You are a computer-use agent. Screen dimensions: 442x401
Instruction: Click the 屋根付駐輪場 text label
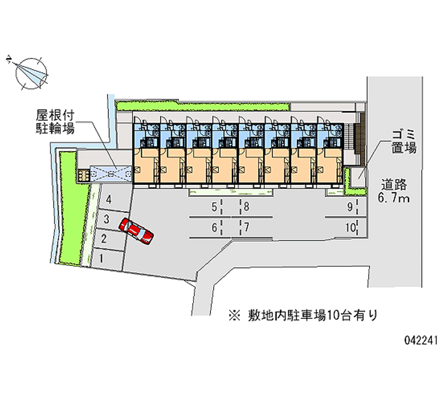(x=55, y=121)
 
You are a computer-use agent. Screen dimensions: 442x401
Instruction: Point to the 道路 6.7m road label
(x=394, y=191)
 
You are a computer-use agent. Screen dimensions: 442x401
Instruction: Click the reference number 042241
(x=421, y=340)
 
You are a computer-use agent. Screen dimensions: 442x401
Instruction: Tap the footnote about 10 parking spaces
(x=303, y=316)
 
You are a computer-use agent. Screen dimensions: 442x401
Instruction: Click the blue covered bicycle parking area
(x=111, y=174)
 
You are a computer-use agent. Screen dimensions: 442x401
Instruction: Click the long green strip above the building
(x=203, y=106)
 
